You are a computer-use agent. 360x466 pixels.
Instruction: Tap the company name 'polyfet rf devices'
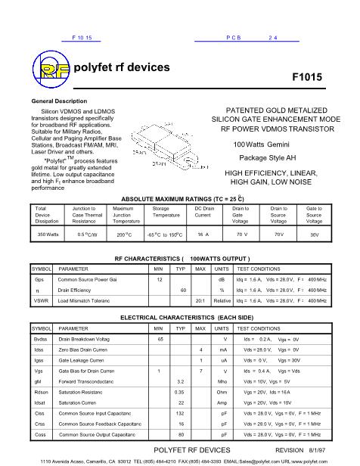(122, 67)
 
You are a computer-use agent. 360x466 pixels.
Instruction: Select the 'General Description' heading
(59, 101)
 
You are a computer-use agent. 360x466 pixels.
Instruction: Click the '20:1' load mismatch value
(200, 300)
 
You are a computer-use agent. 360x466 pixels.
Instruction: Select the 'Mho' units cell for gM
(222, 382)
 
